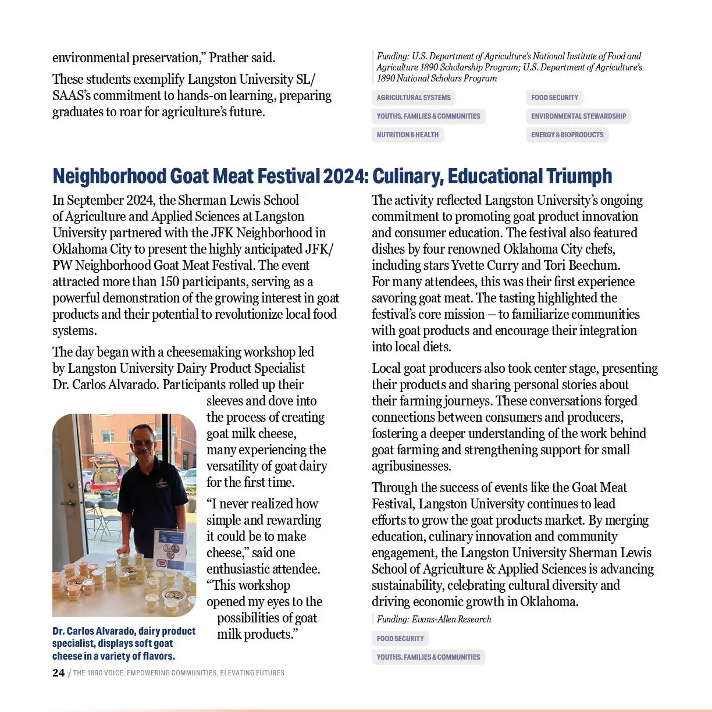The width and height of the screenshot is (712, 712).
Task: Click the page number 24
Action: click(58, 672)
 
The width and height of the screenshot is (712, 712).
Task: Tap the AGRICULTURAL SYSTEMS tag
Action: click(414, 98)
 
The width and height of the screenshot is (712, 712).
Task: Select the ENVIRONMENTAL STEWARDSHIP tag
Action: click(578, 116)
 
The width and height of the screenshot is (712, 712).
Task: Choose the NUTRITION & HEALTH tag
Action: click(407, 135)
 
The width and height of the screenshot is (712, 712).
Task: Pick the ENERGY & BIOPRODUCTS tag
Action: click(567, 135)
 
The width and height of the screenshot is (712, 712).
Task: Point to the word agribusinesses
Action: click(411, 467)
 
